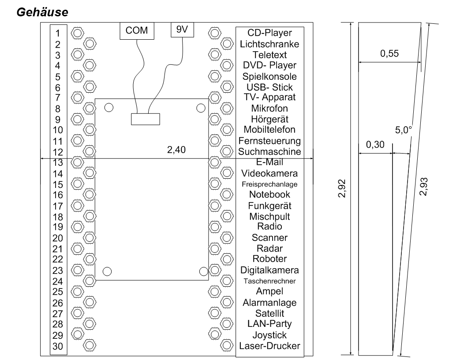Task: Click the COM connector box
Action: (137, 30)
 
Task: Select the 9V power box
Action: (182, 30)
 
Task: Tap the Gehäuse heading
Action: (42, 12)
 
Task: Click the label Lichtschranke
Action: (269, 44)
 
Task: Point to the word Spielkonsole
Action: (269, 77)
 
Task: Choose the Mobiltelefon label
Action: (269, 129)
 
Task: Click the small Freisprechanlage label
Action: (269, 184)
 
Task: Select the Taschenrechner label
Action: (269, 281)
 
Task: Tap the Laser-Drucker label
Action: (269, 346)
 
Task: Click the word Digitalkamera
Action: (269, 270)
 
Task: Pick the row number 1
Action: (58, 34)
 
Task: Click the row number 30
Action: (58, 346)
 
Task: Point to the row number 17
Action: (58, 206)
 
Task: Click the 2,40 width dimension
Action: (176, 150)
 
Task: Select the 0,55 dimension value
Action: (389, 53)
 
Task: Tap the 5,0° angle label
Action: (404, 130)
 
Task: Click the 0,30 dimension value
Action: (375, 145)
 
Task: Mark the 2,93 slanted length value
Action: (423, 187)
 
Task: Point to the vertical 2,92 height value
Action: (342, 188)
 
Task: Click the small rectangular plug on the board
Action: (146, 119)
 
